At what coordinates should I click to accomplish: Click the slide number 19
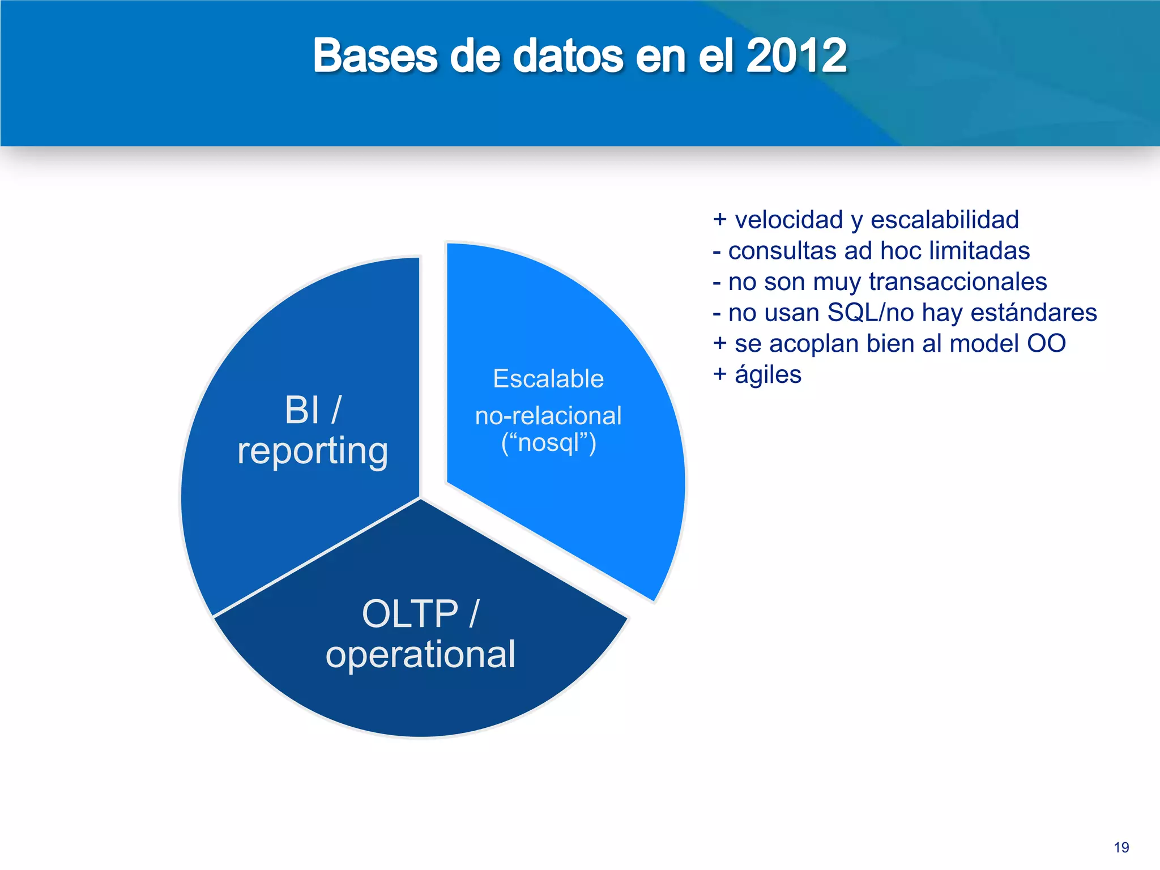[1121, 847]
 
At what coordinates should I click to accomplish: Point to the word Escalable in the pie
[548, 378]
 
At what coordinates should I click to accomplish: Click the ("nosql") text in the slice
[548, 442]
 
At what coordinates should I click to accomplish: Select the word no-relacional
[548, 416]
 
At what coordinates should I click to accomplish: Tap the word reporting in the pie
[313, 451]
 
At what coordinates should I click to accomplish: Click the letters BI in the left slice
[302, 410]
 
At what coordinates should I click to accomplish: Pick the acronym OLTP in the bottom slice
[410, 613]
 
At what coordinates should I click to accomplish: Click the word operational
[420, 654]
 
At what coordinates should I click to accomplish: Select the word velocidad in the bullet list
[789, 220]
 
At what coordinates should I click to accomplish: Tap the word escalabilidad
[944, 220]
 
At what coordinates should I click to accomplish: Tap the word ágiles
[767, 375]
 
